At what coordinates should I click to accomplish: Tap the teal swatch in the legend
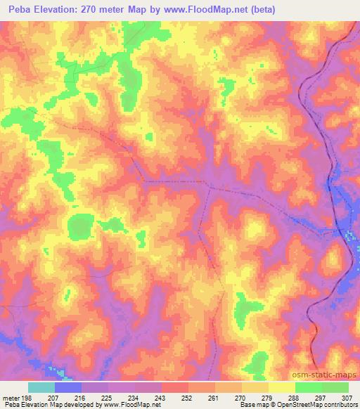pos(41,387)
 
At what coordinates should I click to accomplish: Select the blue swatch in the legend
pos(68,387)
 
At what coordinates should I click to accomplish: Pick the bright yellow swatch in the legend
pos(282,387)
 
